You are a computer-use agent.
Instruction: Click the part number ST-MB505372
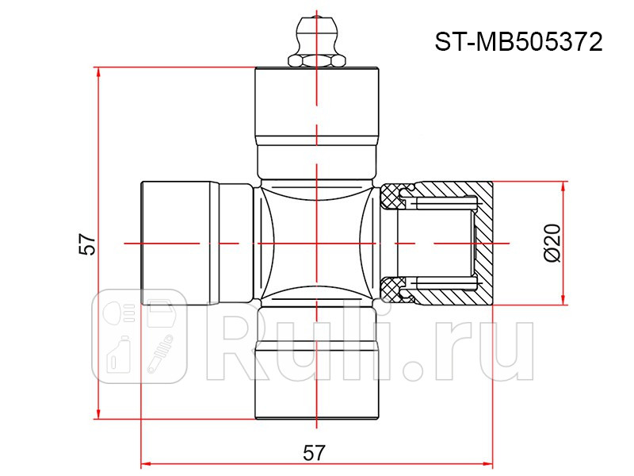(518, 41)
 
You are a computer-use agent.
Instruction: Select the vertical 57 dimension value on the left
(88, 244)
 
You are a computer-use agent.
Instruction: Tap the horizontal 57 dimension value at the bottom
(315, 452)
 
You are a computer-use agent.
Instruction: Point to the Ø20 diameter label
(552, 243)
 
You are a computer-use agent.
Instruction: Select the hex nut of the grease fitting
(316, 60)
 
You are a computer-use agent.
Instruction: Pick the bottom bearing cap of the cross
(316, 381)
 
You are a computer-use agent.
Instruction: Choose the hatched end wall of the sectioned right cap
(483, 242)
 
